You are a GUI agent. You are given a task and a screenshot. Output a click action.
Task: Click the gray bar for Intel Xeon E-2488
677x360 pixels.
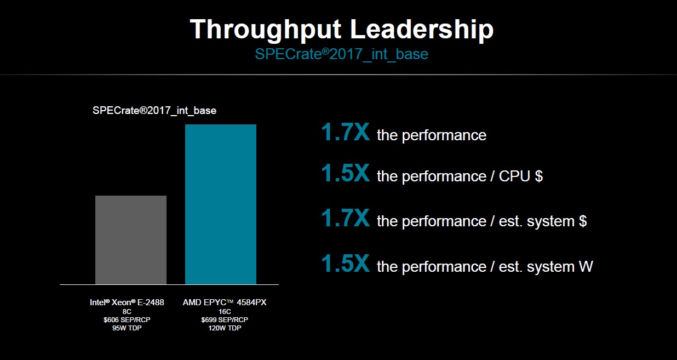click(x=130, y=239)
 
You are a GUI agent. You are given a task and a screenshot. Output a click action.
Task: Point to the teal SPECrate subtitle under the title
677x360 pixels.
click(x=341, y=54)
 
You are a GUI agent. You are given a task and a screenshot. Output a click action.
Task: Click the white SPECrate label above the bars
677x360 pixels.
click(x=154, y=111)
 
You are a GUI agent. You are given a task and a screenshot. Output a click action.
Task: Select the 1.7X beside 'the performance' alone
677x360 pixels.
click(x=345, y=133)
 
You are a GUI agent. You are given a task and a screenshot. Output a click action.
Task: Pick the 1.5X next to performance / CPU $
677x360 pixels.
click(x=345, y=174)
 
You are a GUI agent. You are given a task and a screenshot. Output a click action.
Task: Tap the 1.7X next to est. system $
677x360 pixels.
click(x=345, y=219)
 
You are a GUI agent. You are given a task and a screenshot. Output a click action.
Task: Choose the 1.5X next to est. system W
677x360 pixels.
click(x=345, y=265)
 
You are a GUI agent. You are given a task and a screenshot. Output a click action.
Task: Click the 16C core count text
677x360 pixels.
click(x=225, y=311)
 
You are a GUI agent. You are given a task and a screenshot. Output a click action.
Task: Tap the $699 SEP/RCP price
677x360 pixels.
click(x=225, y=319)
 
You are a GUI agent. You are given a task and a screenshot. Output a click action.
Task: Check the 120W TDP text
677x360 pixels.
click(x=225, y=328)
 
